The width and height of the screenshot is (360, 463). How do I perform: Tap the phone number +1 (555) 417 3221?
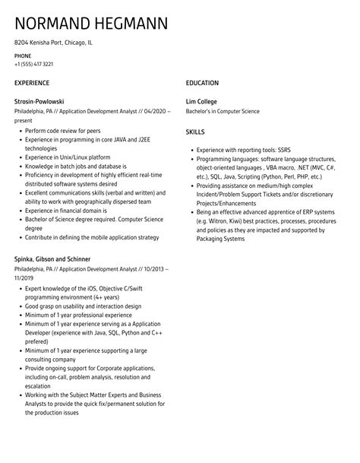(33, 65)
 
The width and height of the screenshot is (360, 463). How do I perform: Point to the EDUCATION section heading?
(202, 82)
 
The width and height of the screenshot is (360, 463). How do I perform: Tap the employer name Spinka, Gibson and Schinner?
(61, 259)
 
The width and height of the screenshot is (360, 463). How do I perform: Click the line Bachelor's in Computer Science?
(229, 111)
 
